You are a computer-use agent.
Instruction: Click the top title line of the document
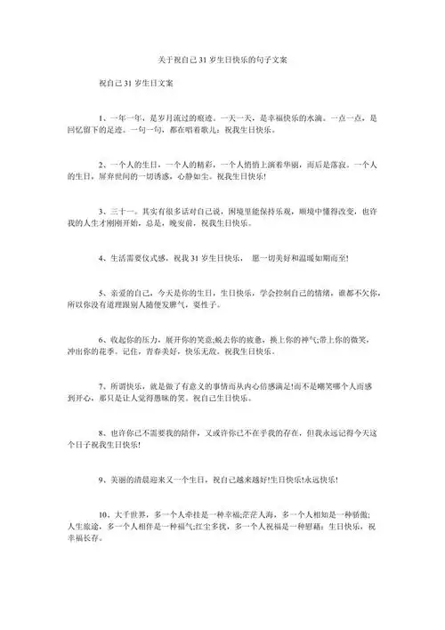(222, 60)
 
